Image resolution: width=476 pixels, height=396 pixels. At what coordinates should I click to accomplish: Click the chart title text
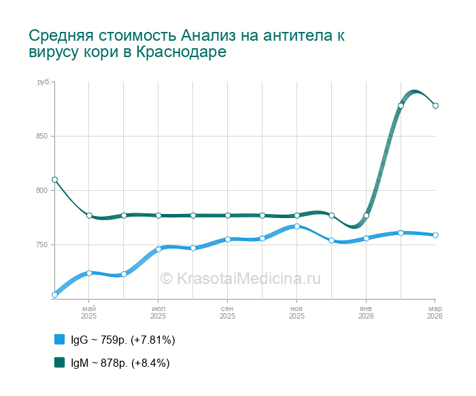pyautogui.click(x=186, y=43)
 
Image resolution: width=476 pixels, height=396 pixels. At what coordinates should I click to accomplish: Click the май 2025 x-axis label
pyautogui.click(x=89, y=312)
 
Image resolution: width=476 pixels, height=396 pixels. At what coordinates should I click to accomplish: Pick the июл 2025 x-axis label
pyautogui.click(x=158, y=312)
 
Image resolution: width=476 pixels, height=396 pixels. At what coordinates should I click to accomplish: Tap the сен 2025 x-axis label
pyautogui.click(x=227, y=312)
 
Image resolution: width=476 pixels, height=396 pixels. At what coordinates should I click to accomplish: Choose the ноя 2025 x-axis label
pyautogui.click(x=296, y=312)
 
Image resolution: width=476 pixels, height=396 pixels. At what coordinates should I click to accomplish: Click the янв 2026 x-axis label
pyautogui.click(x=366, y=312)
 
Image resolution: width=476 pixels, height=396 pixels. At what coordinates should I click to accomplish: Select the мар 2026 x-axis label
pyautogui.click(x=435, y=312)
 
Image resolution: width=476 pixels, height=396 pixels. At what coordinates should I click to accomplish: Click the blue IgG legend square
pyautogui.click(x=59, y=340)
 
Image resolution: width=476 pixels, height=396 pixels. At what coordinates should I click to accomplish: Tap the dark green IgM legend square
pyautogui.click(x=59, y=363)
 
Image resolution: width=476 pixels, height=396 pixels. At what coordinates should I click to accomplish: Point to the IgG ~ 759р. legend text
pyautogui.click(x=123, y=340)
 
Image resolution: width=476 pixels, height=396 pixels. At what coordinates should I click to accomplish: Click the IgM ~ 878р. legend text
pyautogui.click(x=120, y=363)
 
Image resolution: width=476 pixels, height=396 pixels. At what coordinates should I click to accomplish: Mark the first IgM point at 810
pyautogui.click(x=54, y=180)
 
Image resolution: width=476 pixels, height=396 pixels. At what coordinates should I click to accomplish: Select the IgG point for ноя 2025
pyautogui.click(x=297, y=226)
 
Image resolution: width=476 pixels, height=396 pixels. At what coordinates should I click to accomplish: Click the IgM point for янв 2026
pyautogui.click(x=367, y=216)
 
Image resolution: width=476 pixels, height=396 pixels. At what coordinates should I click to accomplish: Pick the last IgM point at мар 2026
pyautogui.click(x=436, y=105)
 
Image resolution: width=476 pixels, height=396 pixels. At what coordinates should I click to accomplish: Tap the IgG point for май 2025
pyautogui.click(x=89, y=273)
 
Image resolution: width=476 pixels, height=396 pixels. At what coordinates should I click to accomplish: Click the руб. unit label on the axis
pyautogui.click(x=44, y=82)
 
